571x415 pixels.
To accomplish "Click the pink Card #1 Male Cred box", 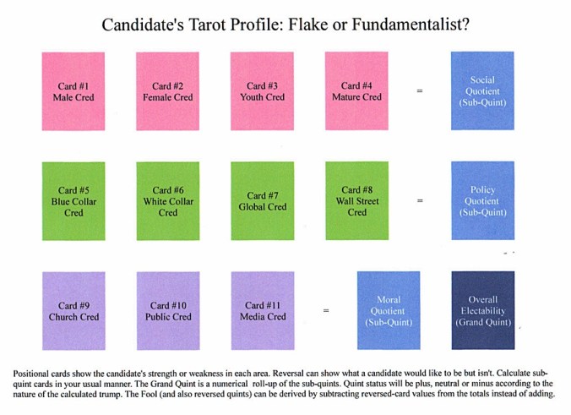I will click(x=73, y=91).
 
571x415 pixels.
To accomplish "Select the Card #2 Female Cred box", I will click(x=167, y=91).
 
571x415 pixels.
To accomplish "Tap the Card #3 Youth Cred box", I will click(x=262, y=91).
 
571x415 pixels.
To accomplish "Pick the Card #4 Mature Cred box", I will click(x=356, y=91).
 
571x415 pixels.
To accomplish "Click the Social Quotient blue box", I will click(x=483, y=91).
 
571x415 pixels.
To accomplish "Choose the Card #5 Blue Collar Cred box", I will click(x=73, y=201).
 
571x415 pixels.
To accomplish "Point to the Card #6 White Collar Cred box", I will click(x=167, y=201).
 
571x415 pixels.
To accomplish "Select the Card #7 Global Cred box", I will click(x=262, y=201).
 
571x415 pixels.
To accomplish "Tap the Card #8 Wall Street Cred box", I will click(x=356, y=201).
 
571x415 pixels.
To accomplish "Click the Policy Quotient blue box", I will click(x=483, y=201).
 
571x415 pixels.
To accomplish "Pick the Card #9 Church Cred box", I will click(x=73, y=311).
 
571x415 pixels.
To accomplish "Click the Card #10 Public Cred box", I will click(x=167, y=311).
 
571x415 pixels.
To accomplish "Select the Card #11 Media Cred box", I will click(x=262, y=311).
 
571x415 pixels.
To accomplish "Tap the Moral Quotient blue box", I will click(x=389, y=311).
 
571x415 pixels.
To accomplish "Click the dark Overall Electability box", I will click(x=483, y=311).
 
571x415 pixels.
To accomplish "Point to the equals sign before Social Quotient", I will click(x=420, y=91).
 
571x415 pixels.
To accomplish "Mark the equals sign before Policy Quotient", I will click(x=420, y=201).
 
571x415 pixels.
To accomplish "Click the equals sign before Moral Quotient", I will click(x=326, y=311).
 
